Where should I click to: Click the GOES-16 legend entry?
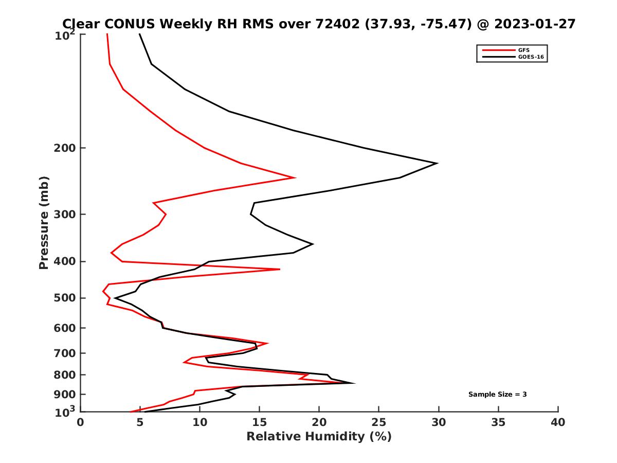coord(530,57)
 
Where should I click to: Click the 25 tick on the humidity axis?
coord(378,422)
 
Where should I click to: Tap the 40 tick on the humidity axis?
coord(558,422)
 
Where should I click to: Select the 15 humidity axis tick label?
coord(259,422)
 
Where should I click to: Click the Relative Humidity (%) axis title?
coord(319,437)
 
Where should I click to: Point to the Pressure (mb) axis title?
coord(44,223)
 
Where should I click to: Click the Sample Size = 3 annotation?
coord(497,395)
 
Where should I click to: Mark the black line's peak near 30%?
coord(437,164)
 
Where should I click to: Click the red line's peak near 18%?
coord(295,178)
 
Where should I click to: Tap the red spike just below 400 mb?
coord(280,269)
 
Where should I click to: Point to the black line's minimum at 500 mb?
coord(115,298)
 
